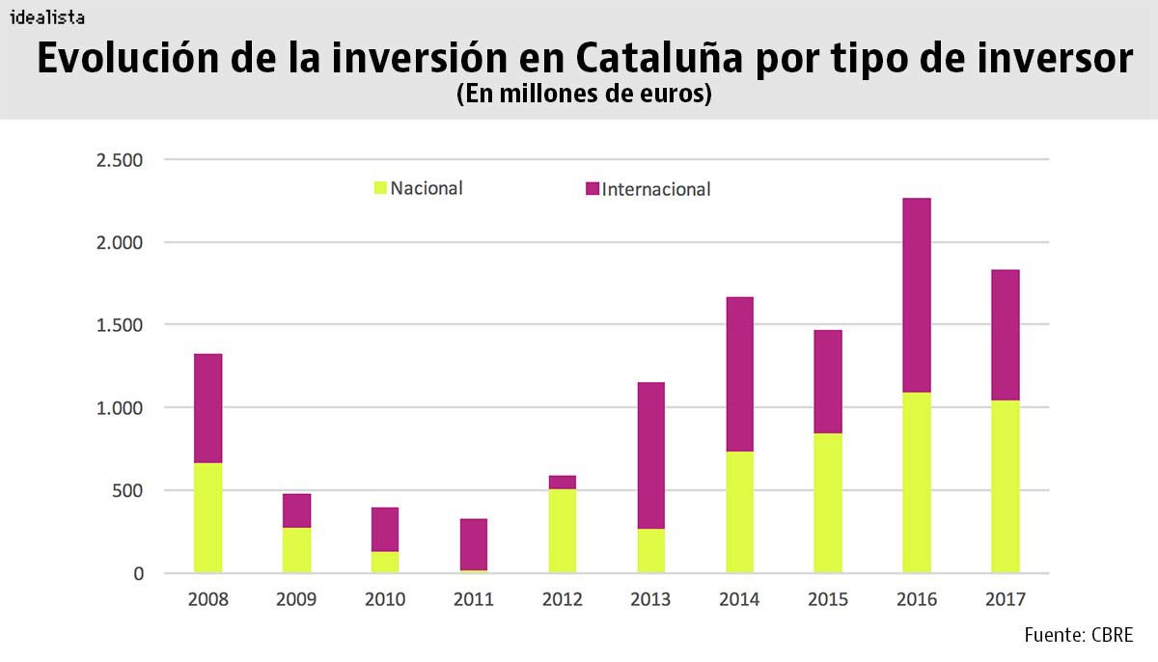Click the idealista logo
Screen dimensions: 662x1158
[x=46, y=17]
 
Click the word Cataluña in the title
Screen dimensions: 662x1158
[x=659, y=59]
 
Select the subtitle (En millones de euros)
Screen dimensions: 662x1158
[x=583, y=96]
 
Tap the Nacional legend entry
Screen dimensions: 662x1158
[x=418, y=188]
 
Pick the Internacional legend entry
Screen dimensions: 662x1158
[x=648, y=189]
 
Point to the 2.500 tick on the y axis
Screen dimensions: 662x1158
[x=120, y=159]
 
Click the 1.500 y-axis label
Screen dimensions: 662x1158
[x=120, y=325]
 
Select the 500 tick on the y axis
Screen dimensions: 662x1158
[x=125, y=490]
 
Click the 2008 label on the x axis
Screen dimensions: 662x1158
[x=208, y=599]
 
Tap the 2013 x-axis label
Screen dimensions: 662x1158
[x=650, y=599]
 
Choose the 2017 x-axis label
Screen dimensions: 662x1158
[x=1005, y=599]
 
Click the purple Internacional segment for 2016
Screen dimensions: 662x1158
[x=916, y=294]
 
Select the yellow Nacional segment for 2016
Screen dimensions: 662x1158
[x=916, y=483]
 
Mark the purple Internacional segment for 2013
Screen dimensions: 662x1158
[x=650, y=455]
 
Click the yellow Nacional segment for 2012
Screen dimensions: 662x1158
[x=562, y=531]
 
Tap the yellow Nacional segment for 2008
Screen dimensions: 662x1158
[x=208, y=518]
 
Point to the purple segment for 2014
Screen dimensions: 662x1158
[x=739, y=373]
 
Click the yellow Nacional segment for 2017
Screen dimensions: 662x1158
[x=1005, y=486]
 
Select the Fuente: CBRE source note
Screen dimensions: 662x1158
[x=1078, y=634]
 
